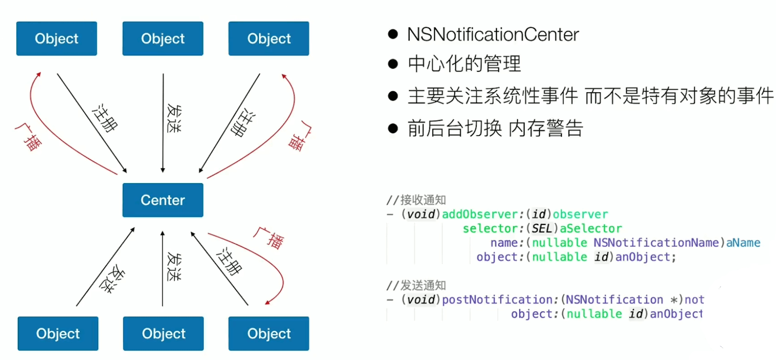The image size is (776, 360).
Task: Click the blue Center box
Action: pos(163,200)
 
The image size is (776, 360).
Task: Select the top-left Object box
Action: pos(56,39)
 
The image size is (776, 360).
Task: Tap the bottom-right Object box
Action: pos(269,333)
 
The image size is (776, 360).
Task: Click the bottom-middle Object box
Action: pos(163,333)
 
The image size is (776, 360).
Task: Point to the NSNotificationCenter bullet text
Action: pos(493,35)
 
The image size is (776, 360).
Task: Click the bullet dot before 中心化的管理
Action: pos(393,64)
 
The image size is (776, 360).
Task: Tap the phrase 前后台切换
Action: pos(455,129)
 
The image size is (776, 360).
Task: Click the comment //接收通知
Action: pos(416,200)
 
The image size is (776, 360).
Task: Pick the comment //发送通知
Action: pos(416,285)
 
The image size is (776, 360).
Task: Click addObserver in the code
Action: pos(480,215)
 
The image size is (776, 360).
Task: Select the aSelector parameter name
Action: pos(591,229)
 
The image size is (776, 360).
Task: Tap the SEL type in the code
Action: pos(541,229)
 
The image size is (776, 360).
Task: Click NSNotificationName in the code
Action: pos(656,243)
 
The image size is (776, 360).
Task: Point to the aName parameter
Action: pos(743,243)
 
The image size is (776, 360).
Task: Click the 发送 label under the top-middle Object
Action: pos(173,118)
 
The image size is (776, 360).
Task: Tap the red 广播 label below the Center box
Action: pos(269,239)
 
